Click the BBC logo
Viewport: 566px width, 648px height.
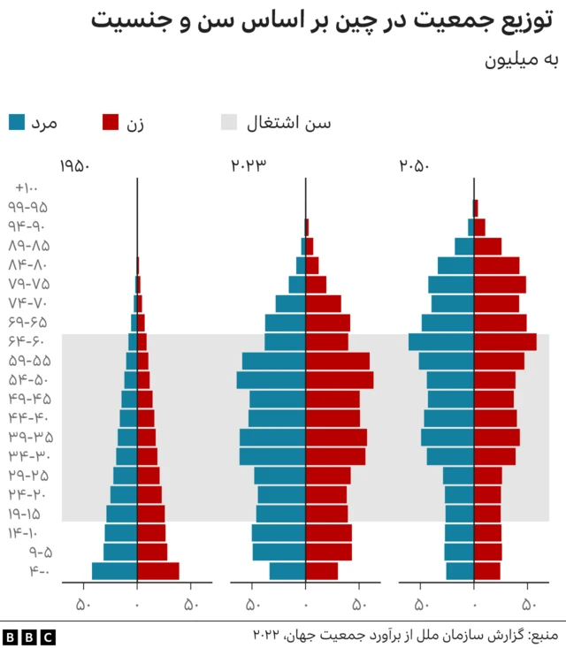pos(28,636)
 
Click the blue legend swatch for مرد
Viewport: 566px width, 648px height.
pos(17,123)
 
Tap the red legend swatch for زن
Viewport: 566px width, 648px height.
pos(111,123)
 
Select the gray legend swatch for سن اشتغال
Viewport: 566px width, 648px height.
pos(229,123)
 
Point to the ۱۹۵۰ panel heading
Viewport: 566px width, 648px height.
pos(75,166)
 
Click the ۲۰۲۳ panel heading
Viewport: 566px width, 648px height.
pos(249,166)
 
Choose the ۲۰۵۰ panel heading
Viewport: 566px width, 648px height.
pos(414,166)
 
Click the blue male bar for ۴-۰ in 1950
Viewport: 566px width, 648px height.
pos(114,571)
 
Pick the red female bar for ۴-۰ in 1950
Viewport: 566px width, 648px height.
pos(157,571)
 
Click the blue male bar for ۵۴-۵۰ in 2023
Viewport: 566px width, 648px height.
pos(271,380)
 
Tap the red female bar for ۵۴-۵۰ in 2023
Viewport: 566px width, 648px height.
pos(339,380)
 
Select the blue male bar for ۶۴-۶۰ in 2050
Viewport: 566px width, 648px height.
pos(440,342)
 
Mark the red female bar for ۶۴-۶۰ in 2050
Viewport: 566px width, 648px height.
pos(505,342)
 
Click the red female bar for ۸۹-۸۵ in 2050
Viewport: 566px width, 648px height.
pos(487,246)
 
